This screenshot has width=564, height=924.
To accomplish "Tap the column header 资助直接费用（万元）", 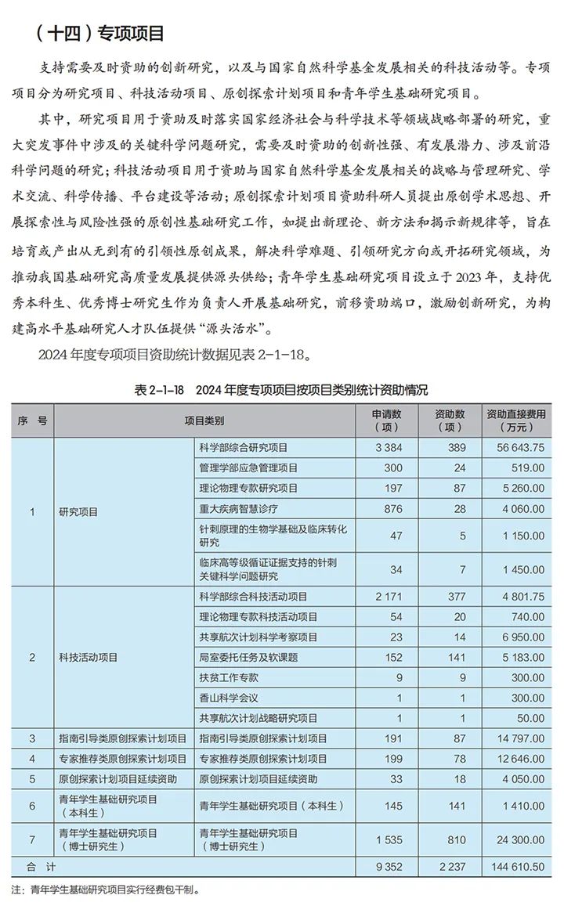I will click(x=515, y=420).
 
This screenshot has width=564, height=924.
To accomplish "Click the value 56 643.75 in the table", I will click(x=515, y=447).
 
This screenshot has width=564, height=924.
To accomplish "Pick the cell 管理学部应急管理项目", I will click(x=248, y=467).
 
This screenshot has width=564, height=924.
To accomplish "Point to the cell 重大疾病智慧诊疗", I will click(x=238, y=508).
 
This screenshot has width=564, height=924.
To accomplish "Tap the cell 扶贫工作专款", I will click(x=228, y=677).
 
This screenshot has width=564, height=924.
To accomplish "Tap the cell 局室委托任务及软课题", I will click(x=248, y=657).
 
